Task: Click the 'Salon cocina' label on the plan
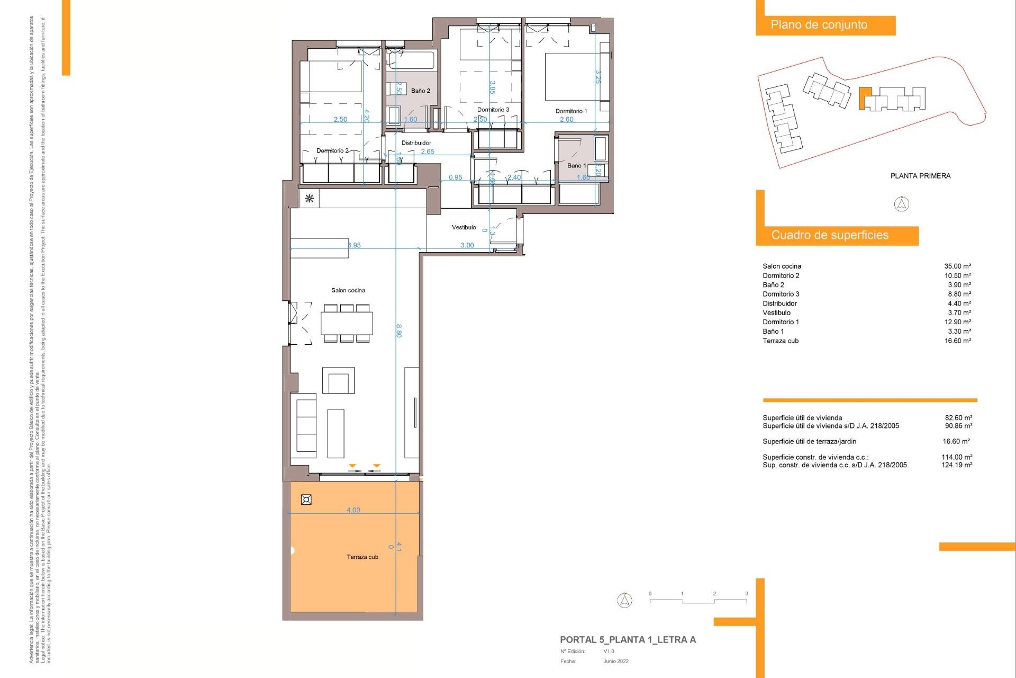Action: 348,290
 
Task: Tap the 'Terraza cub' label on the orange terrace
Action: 362,557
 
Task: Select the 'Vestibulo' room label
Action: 464,227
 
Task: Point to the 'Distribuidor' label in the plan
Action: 416,142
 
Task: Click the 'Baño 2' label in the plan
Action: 420,91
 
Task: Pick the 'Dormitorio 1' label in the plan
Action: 571,111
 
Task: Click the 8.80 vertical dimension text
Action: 399,331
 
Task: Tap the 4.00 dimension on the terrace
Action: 353,510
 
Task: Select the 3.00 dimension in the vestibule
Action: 467,245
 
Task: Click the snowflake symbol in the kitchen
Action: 310,199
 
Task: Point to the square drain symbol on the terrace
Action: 306,499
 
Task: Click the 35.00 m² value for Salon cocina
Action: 957,266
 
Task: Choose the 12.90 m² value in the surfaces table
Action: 957,322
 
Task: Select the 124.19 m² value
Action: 956,465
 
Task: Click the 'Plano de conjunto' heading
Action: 819,25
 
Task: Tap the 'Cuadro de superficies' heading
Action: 829,235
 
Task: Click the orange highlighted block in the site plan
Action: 864,97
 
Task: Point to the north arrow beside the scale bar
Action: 625,600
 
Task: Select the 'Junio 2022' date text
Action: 615,661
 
